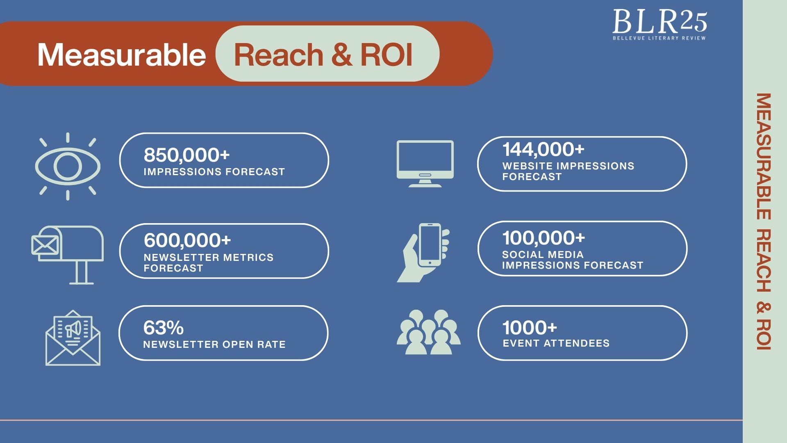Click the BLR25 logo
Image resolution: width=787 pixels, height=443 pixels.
click(660, 25)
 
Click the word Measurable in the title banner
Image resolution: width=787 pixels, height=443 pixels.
click(122, 55)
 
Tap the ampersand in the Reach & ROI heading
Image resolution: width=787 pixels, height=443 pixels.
click(341, 55)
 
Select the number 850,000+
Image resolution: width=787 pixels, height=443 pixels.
click(187, 155)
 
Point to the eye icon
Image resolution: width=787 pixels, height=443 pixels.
click(68, 167)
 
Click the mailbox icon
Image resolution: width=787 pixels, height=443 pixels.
click(68, 255)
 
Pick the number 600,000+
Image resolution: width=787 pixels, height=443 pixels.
click(187, 240)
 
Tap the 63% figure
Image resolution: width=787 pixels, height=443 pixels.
click(163, 328)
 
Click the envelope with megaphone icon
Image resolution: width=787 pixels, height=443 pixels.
click(73, 338)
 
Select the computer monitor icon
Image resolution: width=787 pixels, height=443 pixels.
click(425, 164)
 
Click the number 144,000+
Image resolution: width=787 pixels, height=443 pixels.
click(543, 149)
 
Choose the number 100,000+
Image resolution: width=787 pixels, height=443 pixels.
click(544, 238)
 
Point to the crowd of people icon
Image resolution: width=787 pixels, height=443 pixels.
click(429, 332)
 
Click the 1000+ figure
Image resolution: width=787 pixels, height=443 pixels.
click(530, 328)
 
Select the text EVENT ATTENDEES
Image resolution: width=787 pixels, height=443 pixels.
click(556, 343)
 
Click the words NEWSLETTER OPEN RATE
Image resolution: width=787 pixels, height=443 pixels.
click(214, 345)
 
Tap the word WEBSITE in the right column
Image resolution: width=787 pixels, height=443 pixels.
click(528, 166)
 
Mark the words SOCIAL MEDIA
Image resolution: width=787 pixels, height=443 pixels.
click(543, 255)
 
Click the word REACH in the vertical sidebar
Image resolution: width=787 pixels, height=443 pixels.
click(764, 260)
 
